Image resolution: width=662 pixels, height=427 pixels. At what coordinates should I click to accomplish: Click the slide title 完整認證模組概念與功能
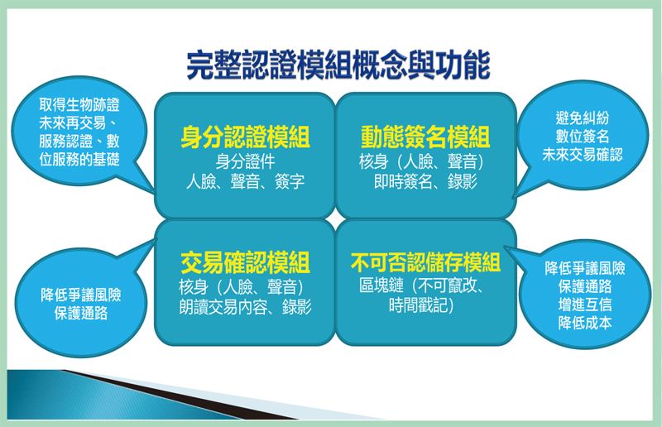[x=338, y=65]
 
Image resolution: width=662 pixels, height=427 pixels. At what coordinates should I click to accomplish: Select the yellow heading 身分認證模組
[x=245, y=137]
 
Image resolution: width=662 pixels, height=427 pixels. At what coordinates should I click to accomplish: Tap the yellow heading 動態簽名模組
[x=425, y=137]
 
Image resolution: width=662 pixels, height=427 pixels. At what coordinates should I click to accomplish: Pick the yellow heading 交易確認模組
[x=245, y=262]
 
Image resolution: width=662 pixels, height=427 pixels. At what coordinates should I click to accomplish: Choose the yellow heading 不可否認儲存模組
[x=425, y=262]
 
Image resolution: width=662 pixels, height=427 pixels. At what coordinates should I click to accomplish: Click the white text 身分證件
[x=245, y=161]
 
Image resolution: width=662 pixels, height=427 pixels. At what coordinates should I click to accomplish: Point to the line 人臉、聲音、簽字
[x=245, y=181]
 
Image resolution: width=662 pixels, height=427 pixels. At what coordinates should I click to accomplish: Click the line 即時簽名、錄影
[x=425, y=181]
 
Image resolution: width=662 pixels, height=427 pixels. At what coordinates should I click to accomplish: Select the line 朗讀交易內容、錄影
[x=245, y=307]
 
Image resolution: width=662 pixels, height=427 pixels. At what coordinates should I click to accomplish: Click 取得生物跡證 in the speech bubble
[x=79, y=104]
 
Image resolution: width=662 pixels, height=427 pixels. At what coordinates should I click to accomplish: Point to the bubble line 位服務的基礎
[x=79, y=159]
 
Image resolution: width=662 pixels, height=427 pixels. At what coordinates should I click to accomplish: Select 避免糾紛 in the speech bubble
[x=583, y=118]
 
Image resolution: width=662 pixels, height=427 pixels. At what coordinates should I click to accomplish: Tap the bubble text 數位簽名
[x=583, y=137]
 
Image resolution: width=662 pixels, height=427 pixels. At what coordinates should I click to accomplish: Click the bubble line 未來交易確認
[x=583, y=155]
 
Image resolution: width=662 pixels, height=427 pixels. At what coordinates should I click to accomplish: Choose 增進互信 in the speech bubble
[x=585, y=305]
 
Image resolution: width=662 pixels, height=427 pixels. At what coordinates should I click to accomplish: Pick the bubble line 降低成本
[x=585, y=323]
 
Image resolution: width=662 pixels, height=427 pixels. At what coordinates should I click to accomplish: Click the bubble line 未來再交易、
[x=79, y=123]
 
